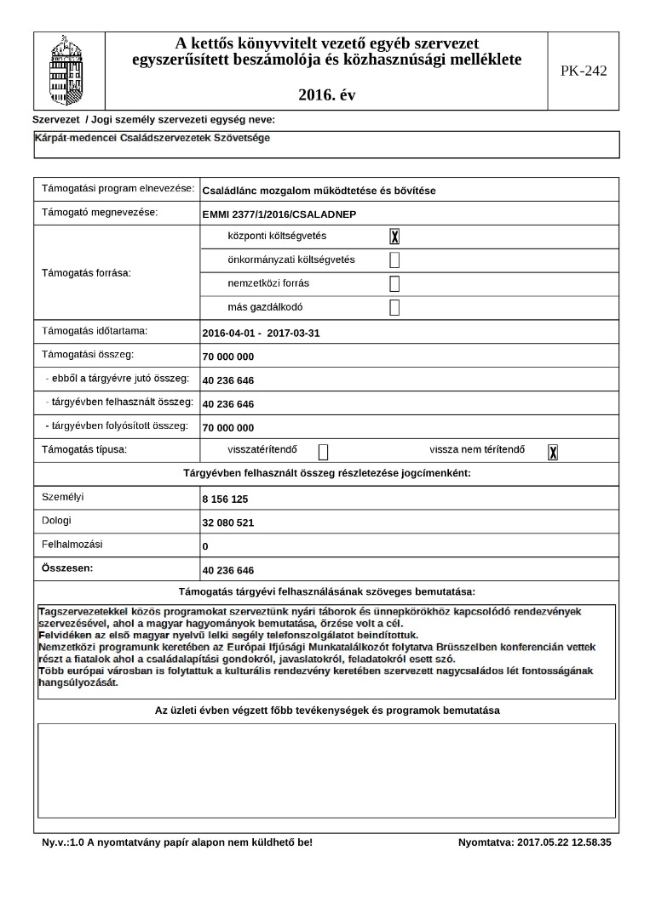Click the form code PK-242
(x=584, y=71)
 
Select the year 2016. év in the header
(x=327, y=95)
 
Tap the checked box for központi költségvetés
(x=394, y=237)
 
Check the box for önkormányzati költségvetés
(x=394, y=260)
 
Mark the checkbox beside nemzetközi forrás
(x=394, y=284)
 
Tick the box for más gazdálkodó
(x=394, y=308)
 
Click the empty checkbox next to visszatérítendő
(x=323, y=452)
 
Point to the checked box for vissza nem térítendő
(x=553, y=452)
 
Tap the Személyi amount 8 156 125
(x=225, y=499)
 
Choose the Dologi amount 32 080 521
(x=228, y=522)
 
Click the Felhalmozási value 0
(x=205, y=546)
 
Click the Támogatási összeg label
(x=88, y=353)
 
